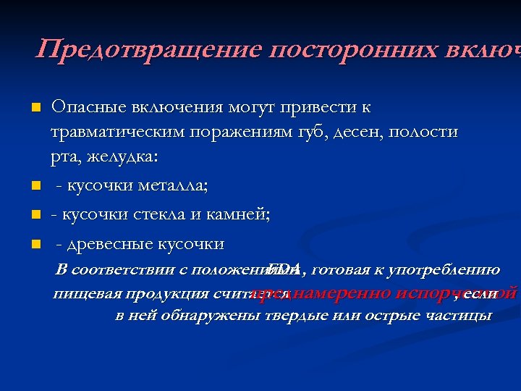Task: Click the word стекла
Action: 148,215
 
